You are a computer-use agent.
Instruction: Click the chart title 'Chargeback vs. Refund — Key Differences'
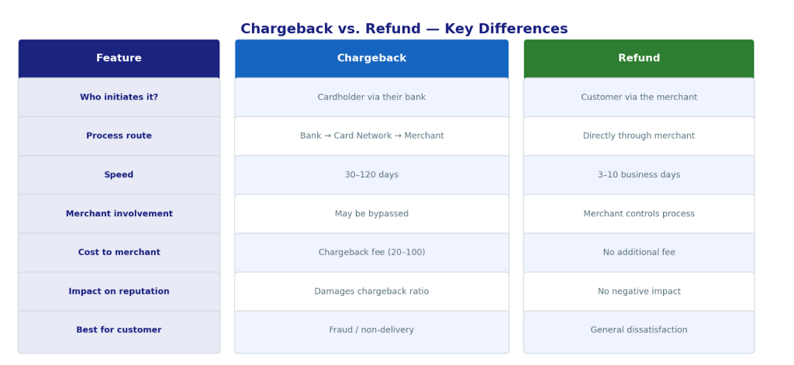click(404, 29)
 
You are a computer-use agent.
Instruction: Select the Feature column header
click(119, 59)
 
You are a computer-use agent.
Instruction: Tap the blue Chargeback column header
click(371, 59)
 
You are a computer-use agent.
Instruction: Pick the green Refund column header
click(639, 59)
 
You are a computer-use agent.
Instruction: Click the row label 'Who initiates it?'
click(119, 98)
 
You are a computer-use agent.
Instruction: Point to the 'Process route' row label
click(119, 136)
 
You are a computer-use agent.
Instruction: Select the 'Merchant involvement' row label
click(119, 214)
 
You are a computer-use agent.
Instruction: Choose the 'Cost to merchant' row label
click(119, 253)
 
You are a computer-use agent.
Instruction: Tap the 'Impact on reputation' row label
click(119, 291)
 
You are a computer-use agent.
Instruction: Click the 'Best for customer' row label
click(119, 330)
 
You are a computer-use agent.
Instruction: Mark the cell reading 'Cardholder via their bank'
click(371, 98)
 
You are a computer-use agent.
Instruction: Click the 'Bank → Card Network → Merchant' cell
click(371, 136)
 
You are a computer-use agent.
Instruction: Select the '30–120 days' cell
click(371, 175)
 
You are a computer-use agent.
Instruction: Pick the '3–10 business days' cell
click(639, 175)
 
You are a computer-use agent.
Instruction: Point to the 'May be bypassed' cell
click(371, 214)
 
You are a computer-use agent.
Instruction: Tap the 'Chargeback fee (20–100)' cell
click(371, 253)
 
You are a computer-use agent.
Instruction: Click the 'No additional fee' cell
click(639, 253)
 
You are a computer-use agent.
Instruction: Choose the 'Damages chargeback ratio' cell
click(371, 291)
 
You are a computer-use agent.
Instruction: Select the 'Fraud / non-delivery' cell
click(371, 330)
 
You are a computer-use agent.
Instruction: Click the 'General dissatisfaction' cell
click(639, 330)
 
